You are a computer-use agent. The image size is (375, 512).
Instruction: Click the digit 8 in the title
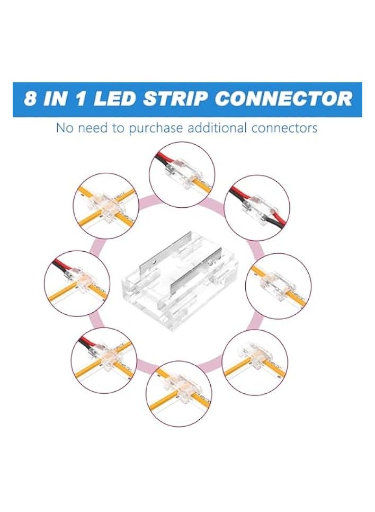click(32, 99)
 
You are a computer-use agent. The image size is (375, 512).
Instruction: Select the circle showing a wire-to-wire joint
click(257, 204)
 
